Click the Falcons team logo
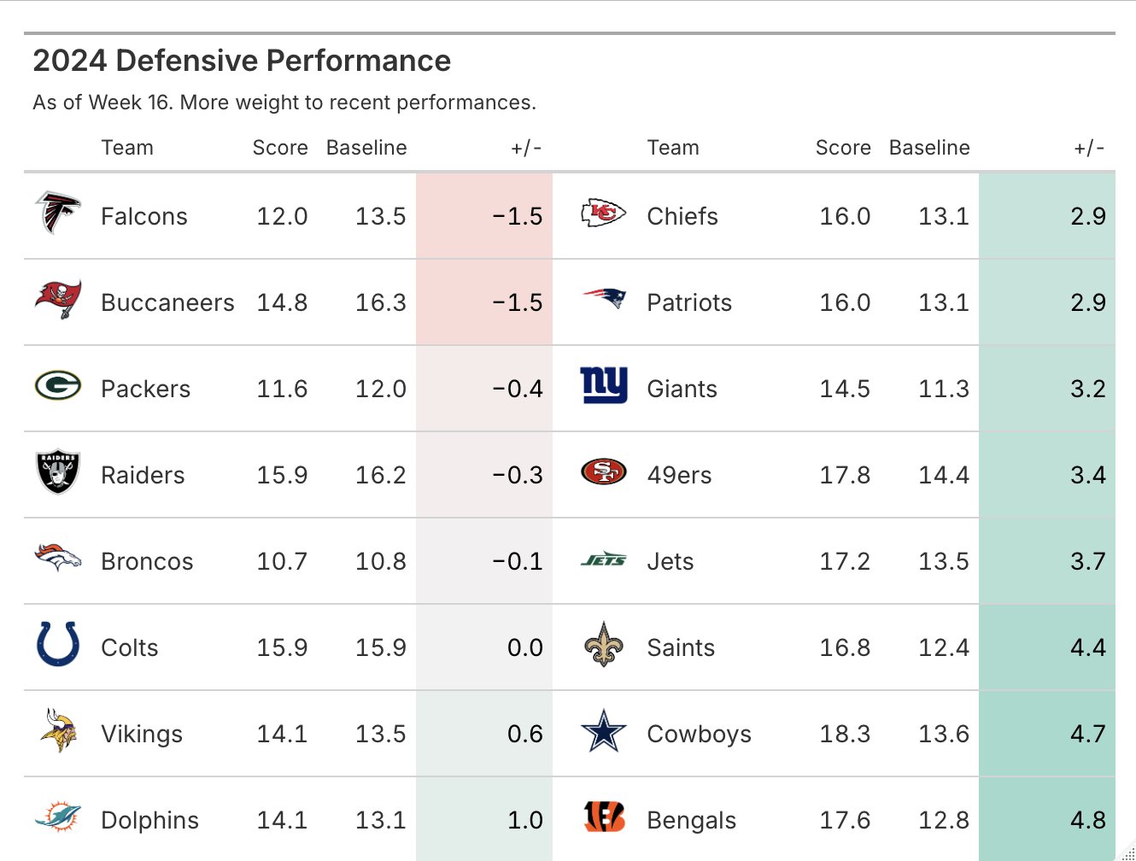pyautogui.click(x=57, y=213)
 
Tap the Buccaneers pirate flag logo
pyautogui.click(x=58, y=299)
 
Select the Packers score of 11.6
pyautogui.click(x=282, y=389)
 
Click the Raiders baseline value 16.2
pyautogui.click(x=380, y=475)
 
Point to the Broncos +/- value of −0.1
pyautogui.click(x=518, y=561)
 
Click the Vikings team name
pyautogui.click(x=142, y=734)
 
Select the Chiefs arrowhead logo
pyautogui.click(x=603, y=214)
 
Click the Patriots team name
pyautogui.click(x=689, y=302)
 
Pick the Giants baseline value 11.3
pyautogui.click(x=943, y=389)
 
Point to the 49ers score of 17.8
pyautogui.click(x=845, y=475)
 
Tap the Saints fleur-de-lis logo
pyautogui.click(x=603, y=645)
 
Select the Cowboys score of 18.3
pyautogui.click(x=845, y=734)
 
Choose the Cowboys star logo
pyautogui.click(x=603, y=731)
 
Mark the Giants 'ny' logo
pyautogui.click(x=603, y=385)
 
